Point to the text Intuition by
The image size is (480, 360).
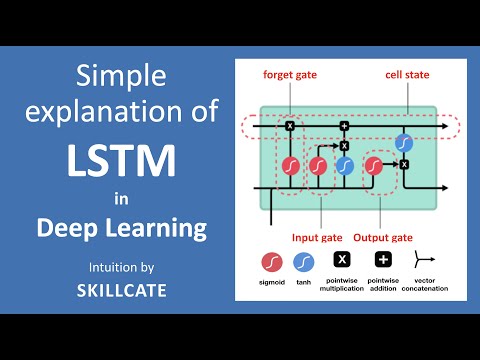tap(121, 267)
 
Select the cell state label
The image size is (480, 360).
tap(407, 75)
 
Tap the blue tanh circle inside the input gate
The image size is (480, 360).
tap(345, 164)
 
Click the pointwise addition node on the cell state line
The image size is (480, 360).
tap(344, 126)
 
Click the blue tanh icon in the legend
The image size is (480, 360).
tap(305, 260)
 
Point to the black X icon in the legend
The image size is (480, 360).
tap(341, 259)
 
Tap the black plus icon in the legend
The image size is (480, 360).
tap(383, 259)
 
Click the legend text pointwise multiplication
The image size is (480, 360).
tap(341, 285)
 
